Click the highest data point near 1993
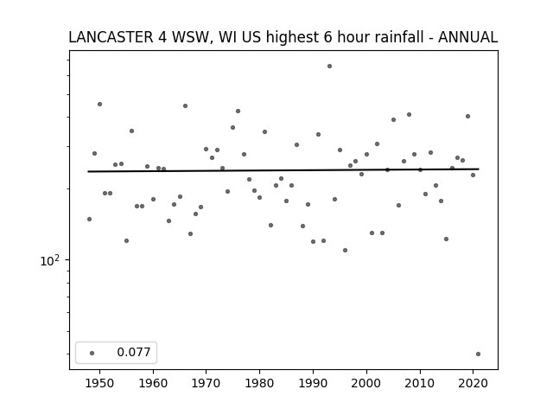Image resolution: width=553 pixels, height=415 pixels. [329, 66]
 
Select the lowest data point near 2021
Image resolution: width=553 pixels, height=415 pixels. [478, 354]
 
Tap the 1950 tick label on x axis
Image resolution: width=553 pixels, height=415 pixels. [100, 383]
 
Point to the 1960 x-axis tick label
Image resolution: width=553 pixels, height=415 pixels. [153, 383]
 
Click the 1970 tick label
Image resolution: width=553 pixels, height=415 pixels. [206, 383]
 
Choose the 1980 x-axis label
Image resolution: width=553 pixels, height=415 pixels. [259, 383]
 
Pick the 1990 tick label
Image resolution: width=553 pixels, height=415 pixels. [313, 383]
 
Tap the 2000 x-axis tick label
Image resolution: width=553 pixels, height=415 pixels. [366, 383]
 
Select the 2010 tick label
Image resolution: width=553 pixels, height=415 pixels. [420, 383]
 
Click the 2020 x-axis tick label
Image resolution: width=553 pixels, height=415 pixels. [473, 383]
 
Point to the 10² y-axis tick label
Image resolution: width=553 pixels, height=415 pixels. [50, 261]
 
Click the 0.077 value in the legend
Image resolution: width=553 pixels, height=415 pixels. [134, 352]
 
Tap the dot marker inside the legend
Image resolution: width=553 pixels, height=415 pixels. [92, 353]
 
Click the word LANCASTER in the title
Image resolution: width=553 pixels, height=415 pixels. [111, 37]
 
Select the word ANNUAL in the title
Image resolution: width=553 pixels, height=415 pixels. [467, 37]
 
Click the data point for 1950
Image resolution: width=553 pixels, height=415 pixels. [100, 104]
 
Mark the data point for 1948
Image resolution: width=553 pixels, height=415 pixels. [89, 219]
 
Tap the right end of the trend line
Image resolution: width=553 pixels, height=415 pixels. [479, 169]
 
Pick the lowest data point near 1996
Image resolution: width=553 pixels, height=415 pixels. [346, 250]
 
